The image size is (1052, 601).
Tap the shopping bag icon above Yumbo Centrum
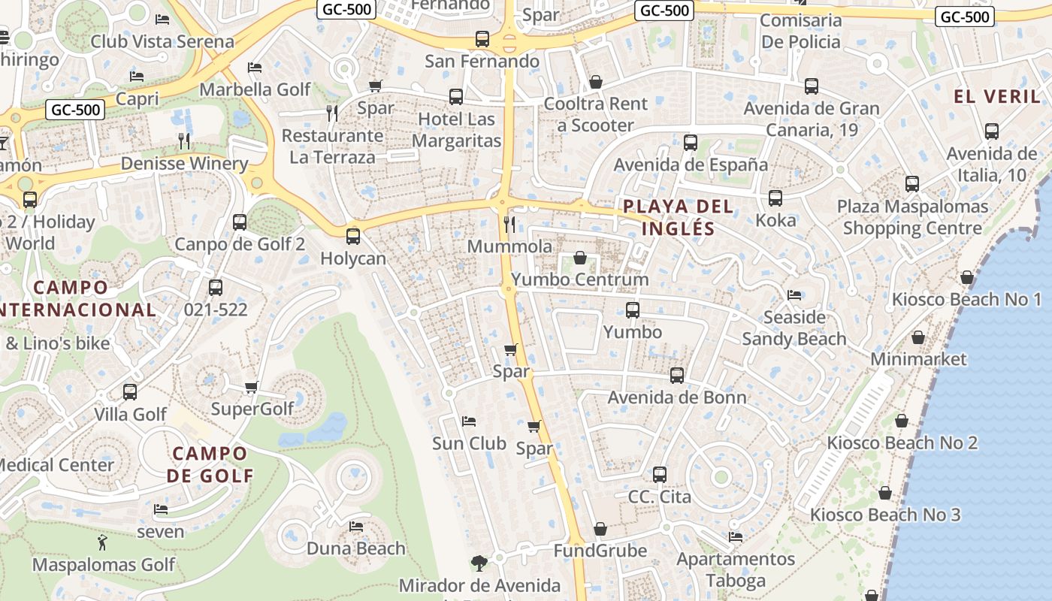coord(580,258)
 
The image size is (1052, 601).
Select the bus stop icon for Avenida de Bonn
coord(677,376)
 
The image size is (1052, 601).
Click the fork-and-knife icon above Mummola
coord(509,224)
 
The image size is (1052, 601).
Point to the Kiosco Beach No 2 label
coord(902,442)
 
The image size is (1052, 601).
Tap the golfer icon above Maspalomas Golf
coord(102,542)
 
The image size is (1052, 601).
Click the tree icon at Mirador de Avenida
coord(479,563)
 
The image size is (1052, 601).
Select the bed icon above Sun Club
coord(469,421)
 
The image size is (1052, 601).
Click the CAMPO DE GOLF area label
coord(210,464)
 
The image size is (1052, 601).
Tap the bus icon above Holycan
coord(353,237)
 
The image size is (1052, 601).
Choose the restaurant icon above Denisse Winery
coord(184,140)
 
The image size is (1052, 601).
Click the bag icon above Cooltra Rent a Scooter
coord(596,81)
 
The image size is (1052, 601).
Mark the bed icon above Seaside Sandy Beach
coord(794,294)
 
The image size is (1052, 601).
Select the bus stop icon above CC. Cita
coord(660,475)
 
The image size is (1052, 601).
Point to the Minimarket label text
coord(918,359)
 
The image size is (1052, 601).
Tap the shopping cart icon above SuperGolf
coord(252,388)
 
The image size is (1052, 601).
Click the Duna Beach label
coord(356,548)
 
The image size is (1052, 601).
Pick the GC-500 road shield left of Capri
coord(75,110)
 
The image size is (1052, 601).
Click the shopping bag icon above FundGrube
coord(600,530)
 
